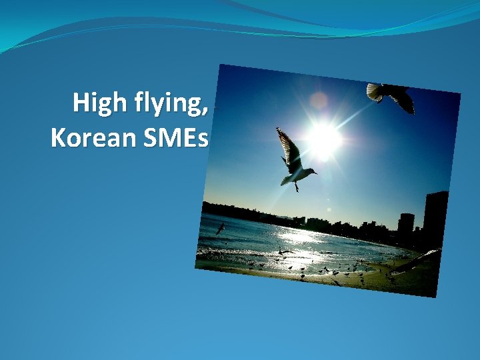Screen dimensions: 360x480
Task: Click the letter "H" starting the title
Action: click(x=81, y=103)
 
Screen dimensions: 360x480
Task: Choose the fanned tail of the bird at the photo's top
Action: click(x=375, y=93)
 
